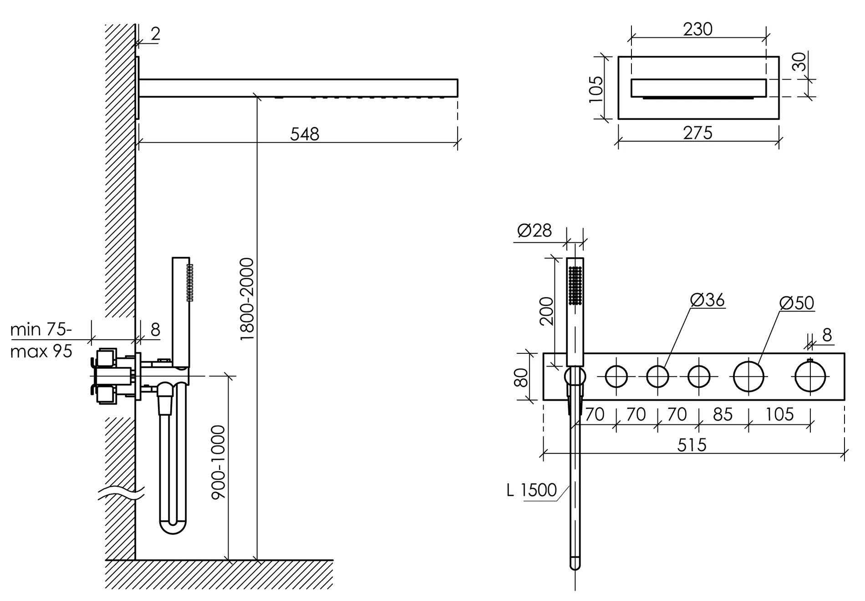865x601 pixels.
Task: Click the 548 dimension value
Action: click(x=305, y=134)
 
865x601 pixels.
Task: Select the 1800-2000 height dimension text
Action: click(x=246, y=299)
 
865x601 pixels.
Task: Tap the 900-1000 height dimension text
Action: click(x=219, y=462)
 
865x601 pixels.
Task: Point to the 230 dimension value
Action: click(x=697, y=29)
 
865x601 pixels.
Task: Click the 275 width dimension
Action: click(x=697, y=133)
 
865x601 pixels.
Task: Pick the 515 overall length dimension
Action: click(x=692, y=445)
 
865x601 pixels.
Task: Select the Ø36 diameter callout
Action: click(x=707, y=300)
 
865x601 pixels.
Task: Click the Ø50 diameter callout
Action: click(x=797, y=303)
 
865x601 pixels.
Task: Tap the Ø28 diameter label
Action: click(x=534, y=230)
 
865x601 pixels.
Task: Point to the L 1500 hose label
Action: click(x=532, y=490)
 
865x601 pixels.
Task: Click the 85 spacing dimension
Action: click(x=723, y=414)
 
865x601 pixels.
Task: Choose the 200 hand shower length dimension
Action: click(x=546, y=311)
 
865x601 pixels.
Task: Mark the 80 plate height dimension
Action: click(x=521, y=377)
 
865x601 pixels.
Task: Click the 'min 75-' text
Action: click(x=41, y=329)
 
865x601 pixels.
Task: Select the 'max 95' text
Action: click(x=41, y=351)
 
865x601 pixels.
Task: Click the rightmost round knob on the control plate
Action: click(x=810, y=377)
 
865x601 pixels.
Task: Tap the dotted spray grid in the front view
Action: click(x=575, y=285)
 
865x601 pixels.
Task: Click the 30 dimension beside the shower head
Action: click(x=799, y=61)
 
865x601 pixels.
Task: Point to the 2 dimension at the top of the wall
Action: click(x=155, y=34)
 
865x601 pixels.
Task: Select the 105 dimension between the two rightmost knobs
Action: click(x=779, y=414)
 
